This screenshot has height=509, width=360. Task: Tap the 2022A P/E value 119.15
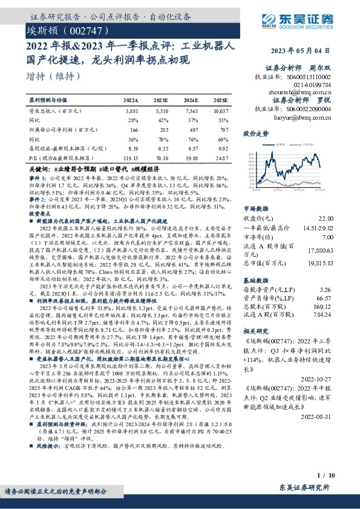(131, 158)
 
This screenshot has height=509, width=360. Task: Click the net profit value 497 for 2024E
(191, 129)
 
